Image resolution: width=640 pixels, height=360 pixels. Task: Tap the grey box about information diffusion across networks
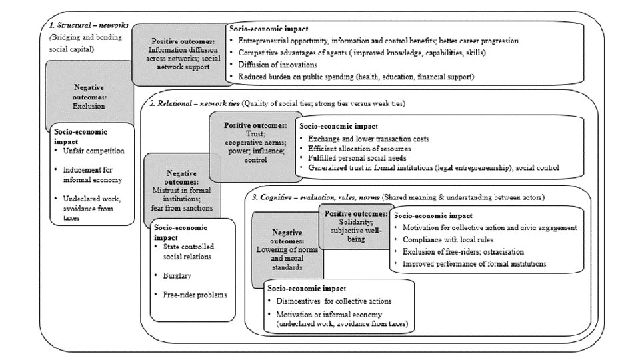pyautogui.click(x=177, y=53)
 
